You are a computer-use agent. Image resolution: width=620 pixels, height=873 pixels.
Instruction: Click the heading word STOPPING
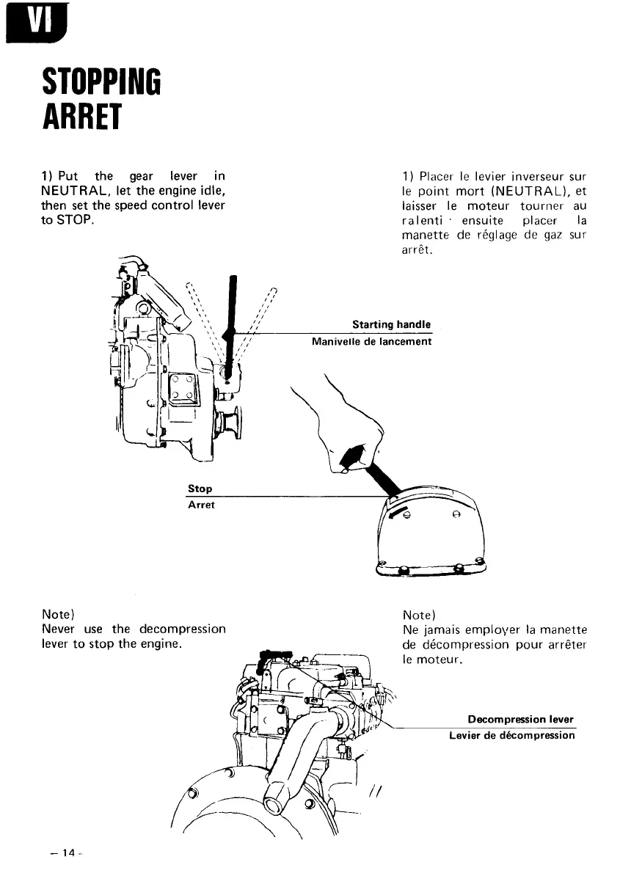[101, 87]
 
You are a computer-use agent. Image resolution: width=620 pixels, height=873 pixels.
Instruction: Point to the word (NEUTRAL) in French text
[527, 192]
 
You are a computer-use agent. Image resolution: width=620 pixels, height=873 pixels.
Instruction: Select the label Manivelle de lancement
[371, 341]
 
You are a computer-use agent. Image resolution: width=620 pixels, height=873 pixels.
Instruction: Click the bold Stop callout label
[200, 489]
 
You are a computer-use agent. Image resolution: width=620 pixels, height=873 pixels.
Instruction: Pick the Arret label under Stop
[201, 505]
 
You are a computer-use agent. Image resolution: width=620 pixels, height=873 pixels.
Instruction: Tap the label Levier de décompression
[512, 735]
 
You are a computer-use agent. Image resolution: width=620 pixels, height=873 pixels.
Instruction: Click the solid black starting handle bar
[232, 323]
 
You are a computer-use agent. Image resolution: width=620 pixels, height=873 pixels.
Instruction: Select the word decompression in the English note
[181, 629]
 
